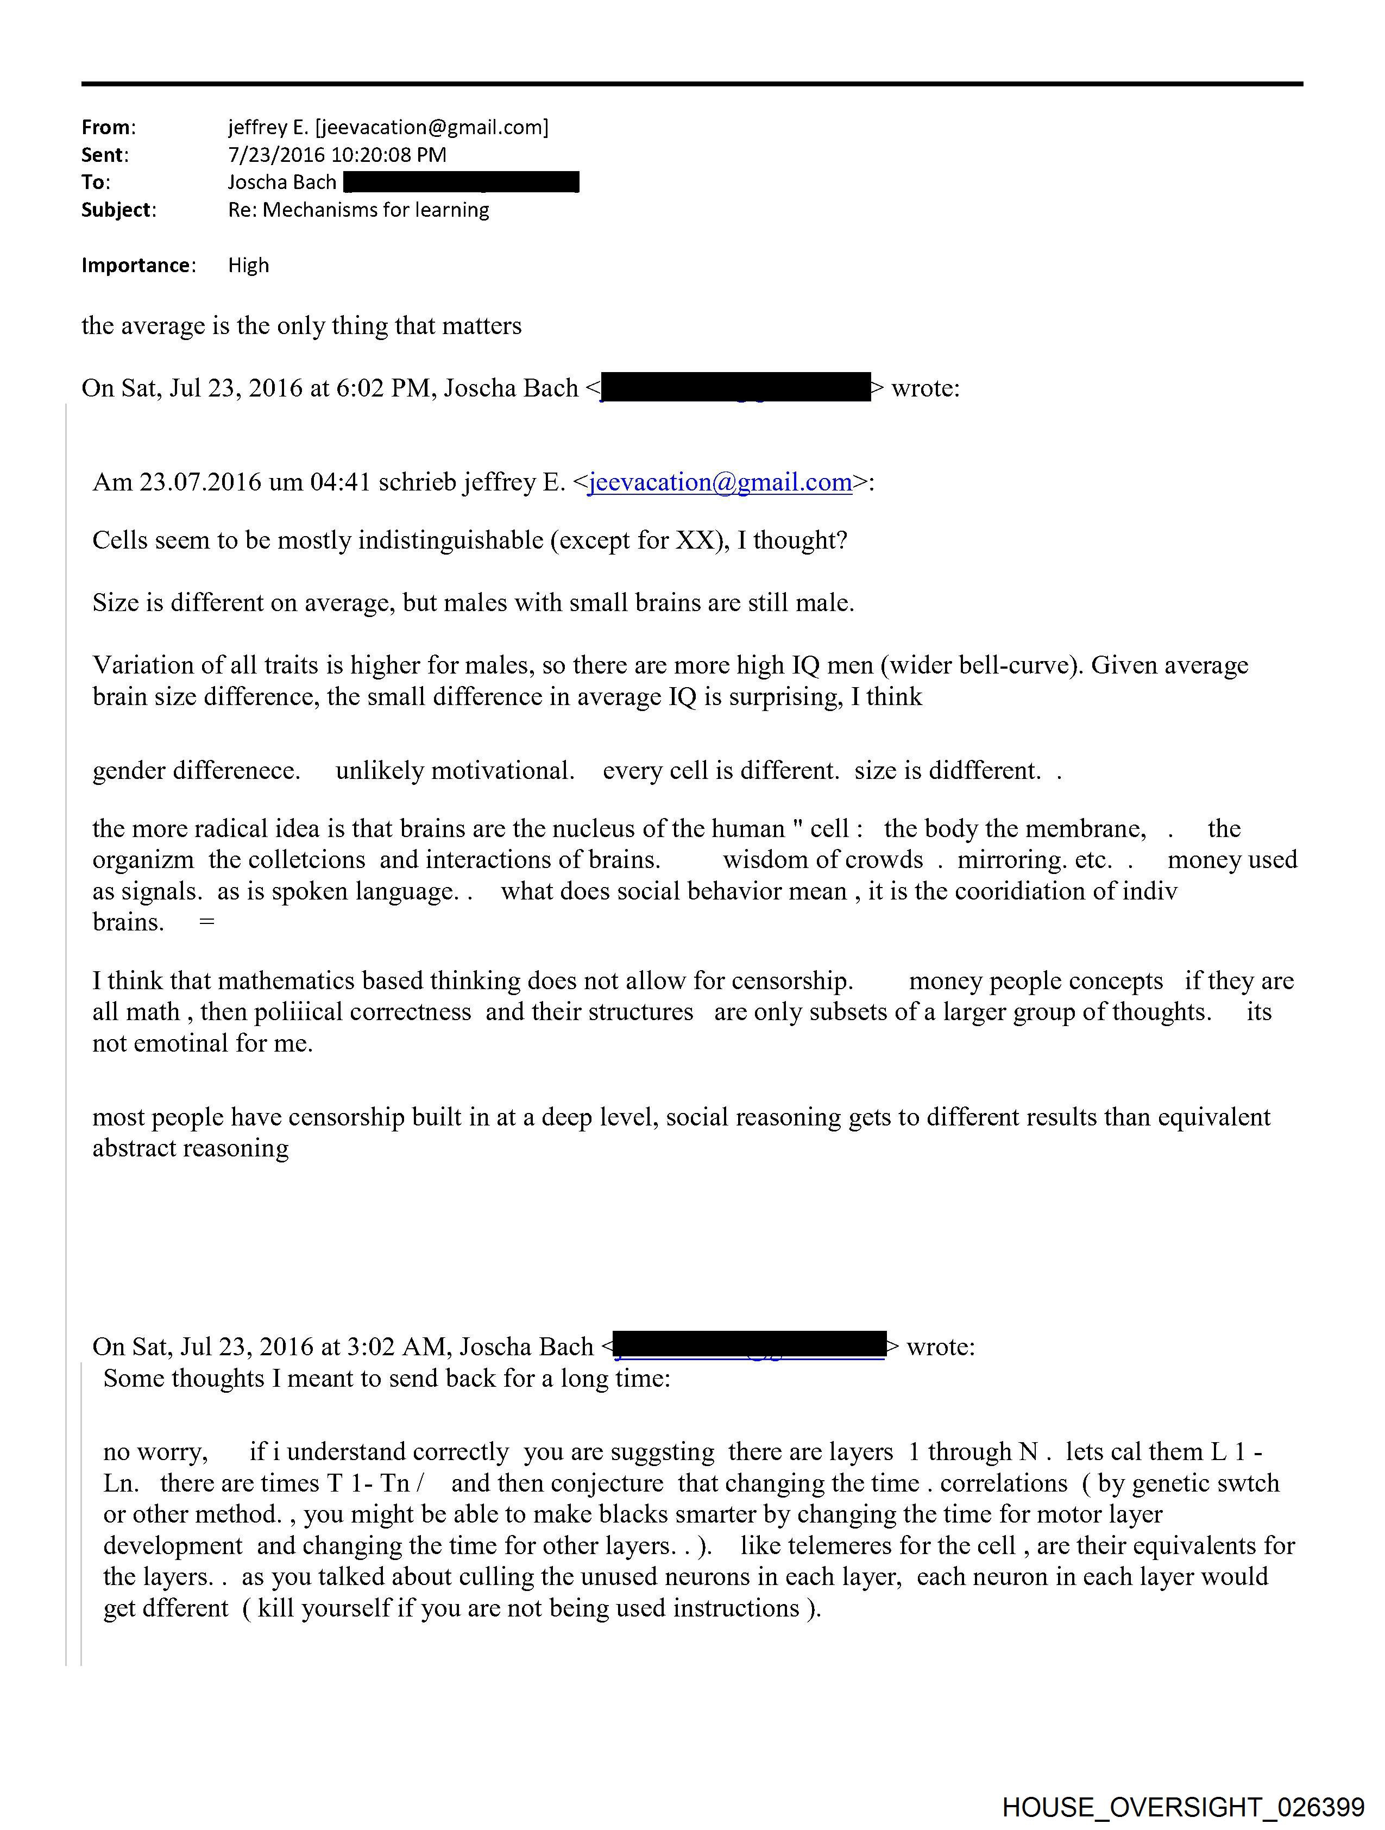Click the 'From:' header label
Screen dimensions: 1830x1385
(109, 128)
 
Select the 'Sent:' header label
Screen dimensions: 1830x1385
(105, 155)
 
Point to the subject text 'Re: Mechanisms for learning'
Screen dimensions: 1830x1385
(358, 210)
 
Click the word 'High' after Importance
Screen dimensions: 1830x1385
(248, 266)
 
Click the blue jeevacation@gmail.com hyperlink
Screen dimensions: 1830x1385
(720, 482)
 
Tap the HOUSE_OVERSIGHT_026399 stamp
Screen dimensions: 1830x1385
(1183, 1807)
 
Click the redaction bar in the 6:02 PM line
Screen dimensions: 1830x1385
(735, 388)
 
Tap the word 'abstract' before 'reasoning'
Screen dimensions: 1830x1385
(134, 1148)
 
